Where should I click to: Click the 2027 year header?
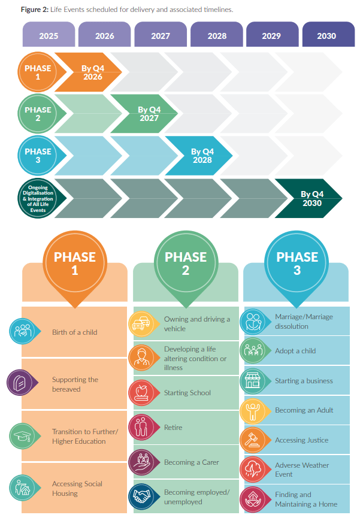tap(161, 35)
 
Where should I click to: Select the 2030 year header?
tap(326, 35)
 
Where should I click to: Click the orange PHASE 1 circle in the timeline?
tap(38, 72)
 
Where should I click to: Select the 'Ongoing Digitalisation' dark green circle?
tap(38, 199)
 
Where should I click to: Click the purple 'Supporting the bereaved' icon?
tap(19, 384)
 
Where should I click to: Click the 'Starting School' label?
tap(187, 393)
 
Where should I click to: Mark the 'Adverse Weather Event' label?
tap(302, 469)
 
